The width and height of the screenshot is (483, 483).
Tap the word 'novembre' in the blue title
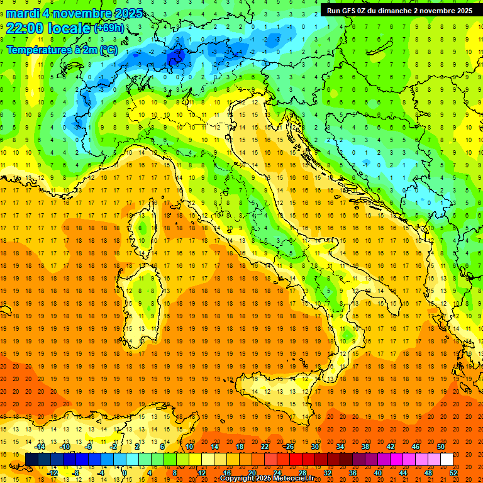[x=81, y=13]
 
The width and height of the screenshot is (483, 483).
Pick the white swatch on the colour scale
[x=446, y=459]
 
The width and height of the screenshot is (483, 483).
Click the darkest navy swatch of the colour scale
[x=31, y=459]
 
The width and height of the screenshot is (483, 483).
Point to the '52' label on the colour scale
[x=454, y=473]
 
